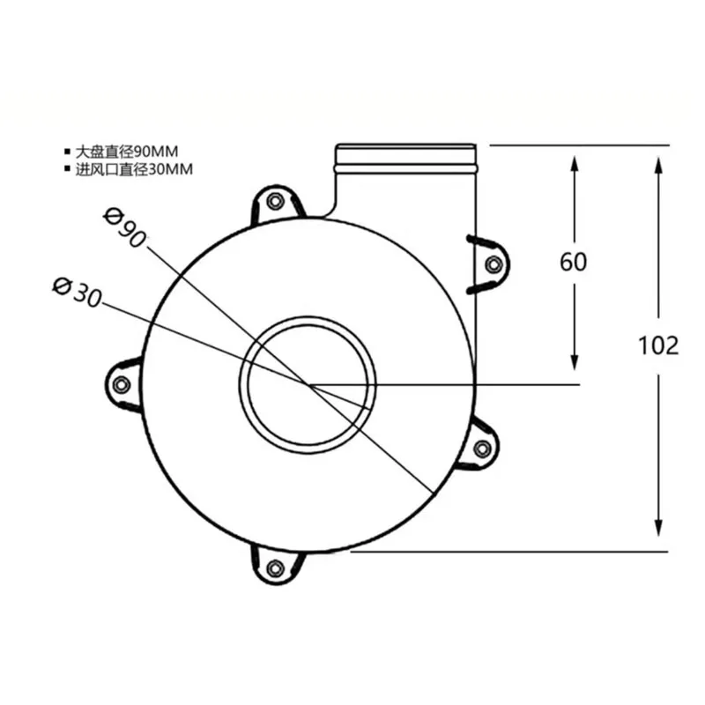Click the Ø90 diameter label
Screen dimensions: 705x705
pyautogui.click(x=124, y=227)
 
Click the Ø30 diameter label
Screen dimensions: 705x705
pyautogui.click(x=78, y=293)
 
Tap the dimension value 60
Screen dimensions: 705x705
pyautogui.click(x=574, y=262)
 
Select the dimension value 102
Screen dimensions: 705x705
pyautogui.click(x=658, y=345)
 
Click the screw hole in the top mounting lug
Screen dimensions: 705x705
pyautogui.click(x=275, y=201)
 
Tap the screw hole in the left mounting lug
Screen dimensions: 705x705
pyautogui.click(x=122, y=384)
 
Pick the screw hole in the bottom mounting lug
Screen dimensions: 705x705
pyautogui.click(x=275, y=568)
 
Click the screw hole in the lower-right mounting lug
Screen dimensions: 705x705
pyautogui.click(x=482, y=449)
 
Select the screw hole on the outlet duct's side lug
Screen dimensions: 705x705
pyautogui.click(x=493, y=264)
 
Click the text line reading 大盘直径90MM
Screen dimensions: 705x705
pyautogui.click(x=127, y=152)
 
